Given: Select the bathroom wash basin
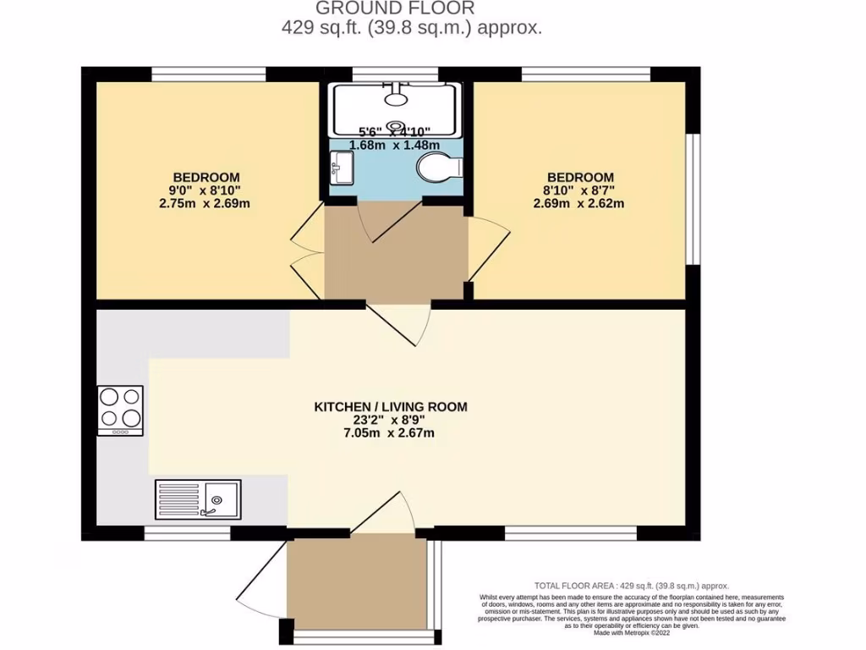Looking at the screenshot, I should click(342, 166).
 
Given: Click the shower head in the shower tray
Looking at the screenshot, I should click(395, 95).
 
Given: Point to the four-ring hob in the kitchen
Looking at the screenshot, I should click(121, 410).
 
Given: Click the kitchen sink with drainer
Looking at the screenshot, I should click(198, 499).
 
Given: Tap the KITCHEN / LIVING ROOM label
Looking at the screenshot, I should click(391, 406).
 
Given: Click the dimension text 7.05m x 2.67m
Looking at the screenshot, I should click(391, 434).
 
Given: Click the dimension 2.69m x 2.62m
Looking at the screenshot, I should click(578, 204).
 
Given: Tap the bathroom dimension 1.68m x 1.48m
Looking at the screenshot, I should click(395, 145).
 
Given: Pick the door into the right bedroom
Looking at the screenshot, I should click(488, 250).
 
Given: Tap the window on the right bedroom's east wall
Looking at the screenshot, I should click(693, 199).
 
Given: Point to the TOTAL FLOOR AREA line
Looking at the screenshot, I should click(631, 586).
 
